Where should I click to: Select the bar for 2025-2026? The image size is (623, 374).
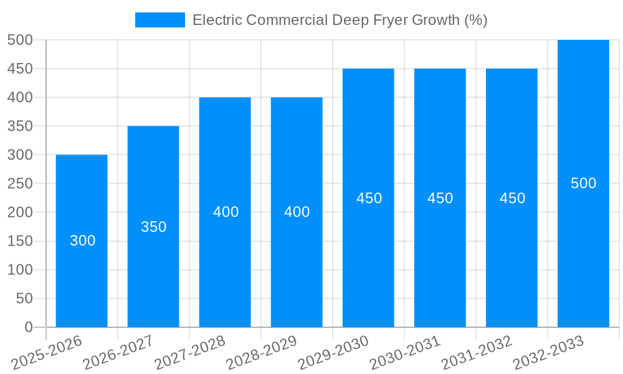(82, 274)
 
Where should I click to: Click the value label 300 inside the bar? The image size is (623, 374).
(82, 241)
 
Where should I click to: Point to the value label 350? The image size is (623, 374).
(154, 227)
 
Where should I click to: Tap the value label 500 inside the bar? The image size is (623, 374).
(583, 183)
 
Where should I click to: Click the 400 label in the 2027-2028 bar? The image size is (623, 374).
(226, 212)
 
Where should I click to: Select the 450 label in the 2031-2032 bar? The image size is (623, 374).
(512, 198)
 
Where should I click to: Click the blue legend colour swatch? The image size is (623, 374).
(160, 20)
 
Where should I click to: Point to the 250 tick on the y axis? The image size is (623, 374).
(20, 184)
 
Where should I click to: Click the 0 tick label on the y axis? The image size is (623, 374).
(28, 327)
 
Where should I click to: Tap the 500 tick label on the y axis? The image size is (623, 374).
(20, 40)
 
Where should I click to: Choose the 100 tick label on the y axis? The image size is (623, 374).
(20, 270)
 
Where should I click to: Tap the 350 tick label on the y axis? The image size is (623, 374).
(20, 127)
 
